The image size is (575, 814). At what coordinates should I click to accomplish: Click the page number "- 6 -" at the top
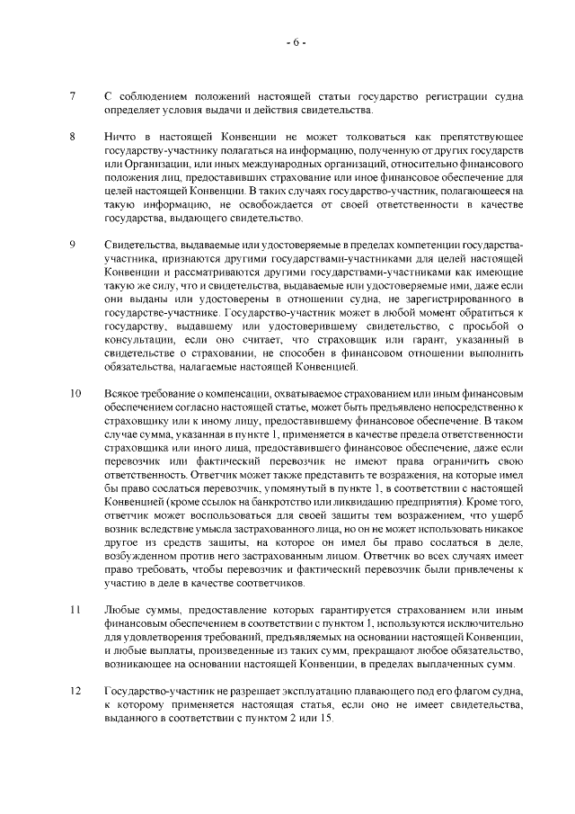point(296,42)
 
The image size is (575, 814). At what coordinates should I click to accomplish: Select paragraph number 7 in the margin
point(72,95)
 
